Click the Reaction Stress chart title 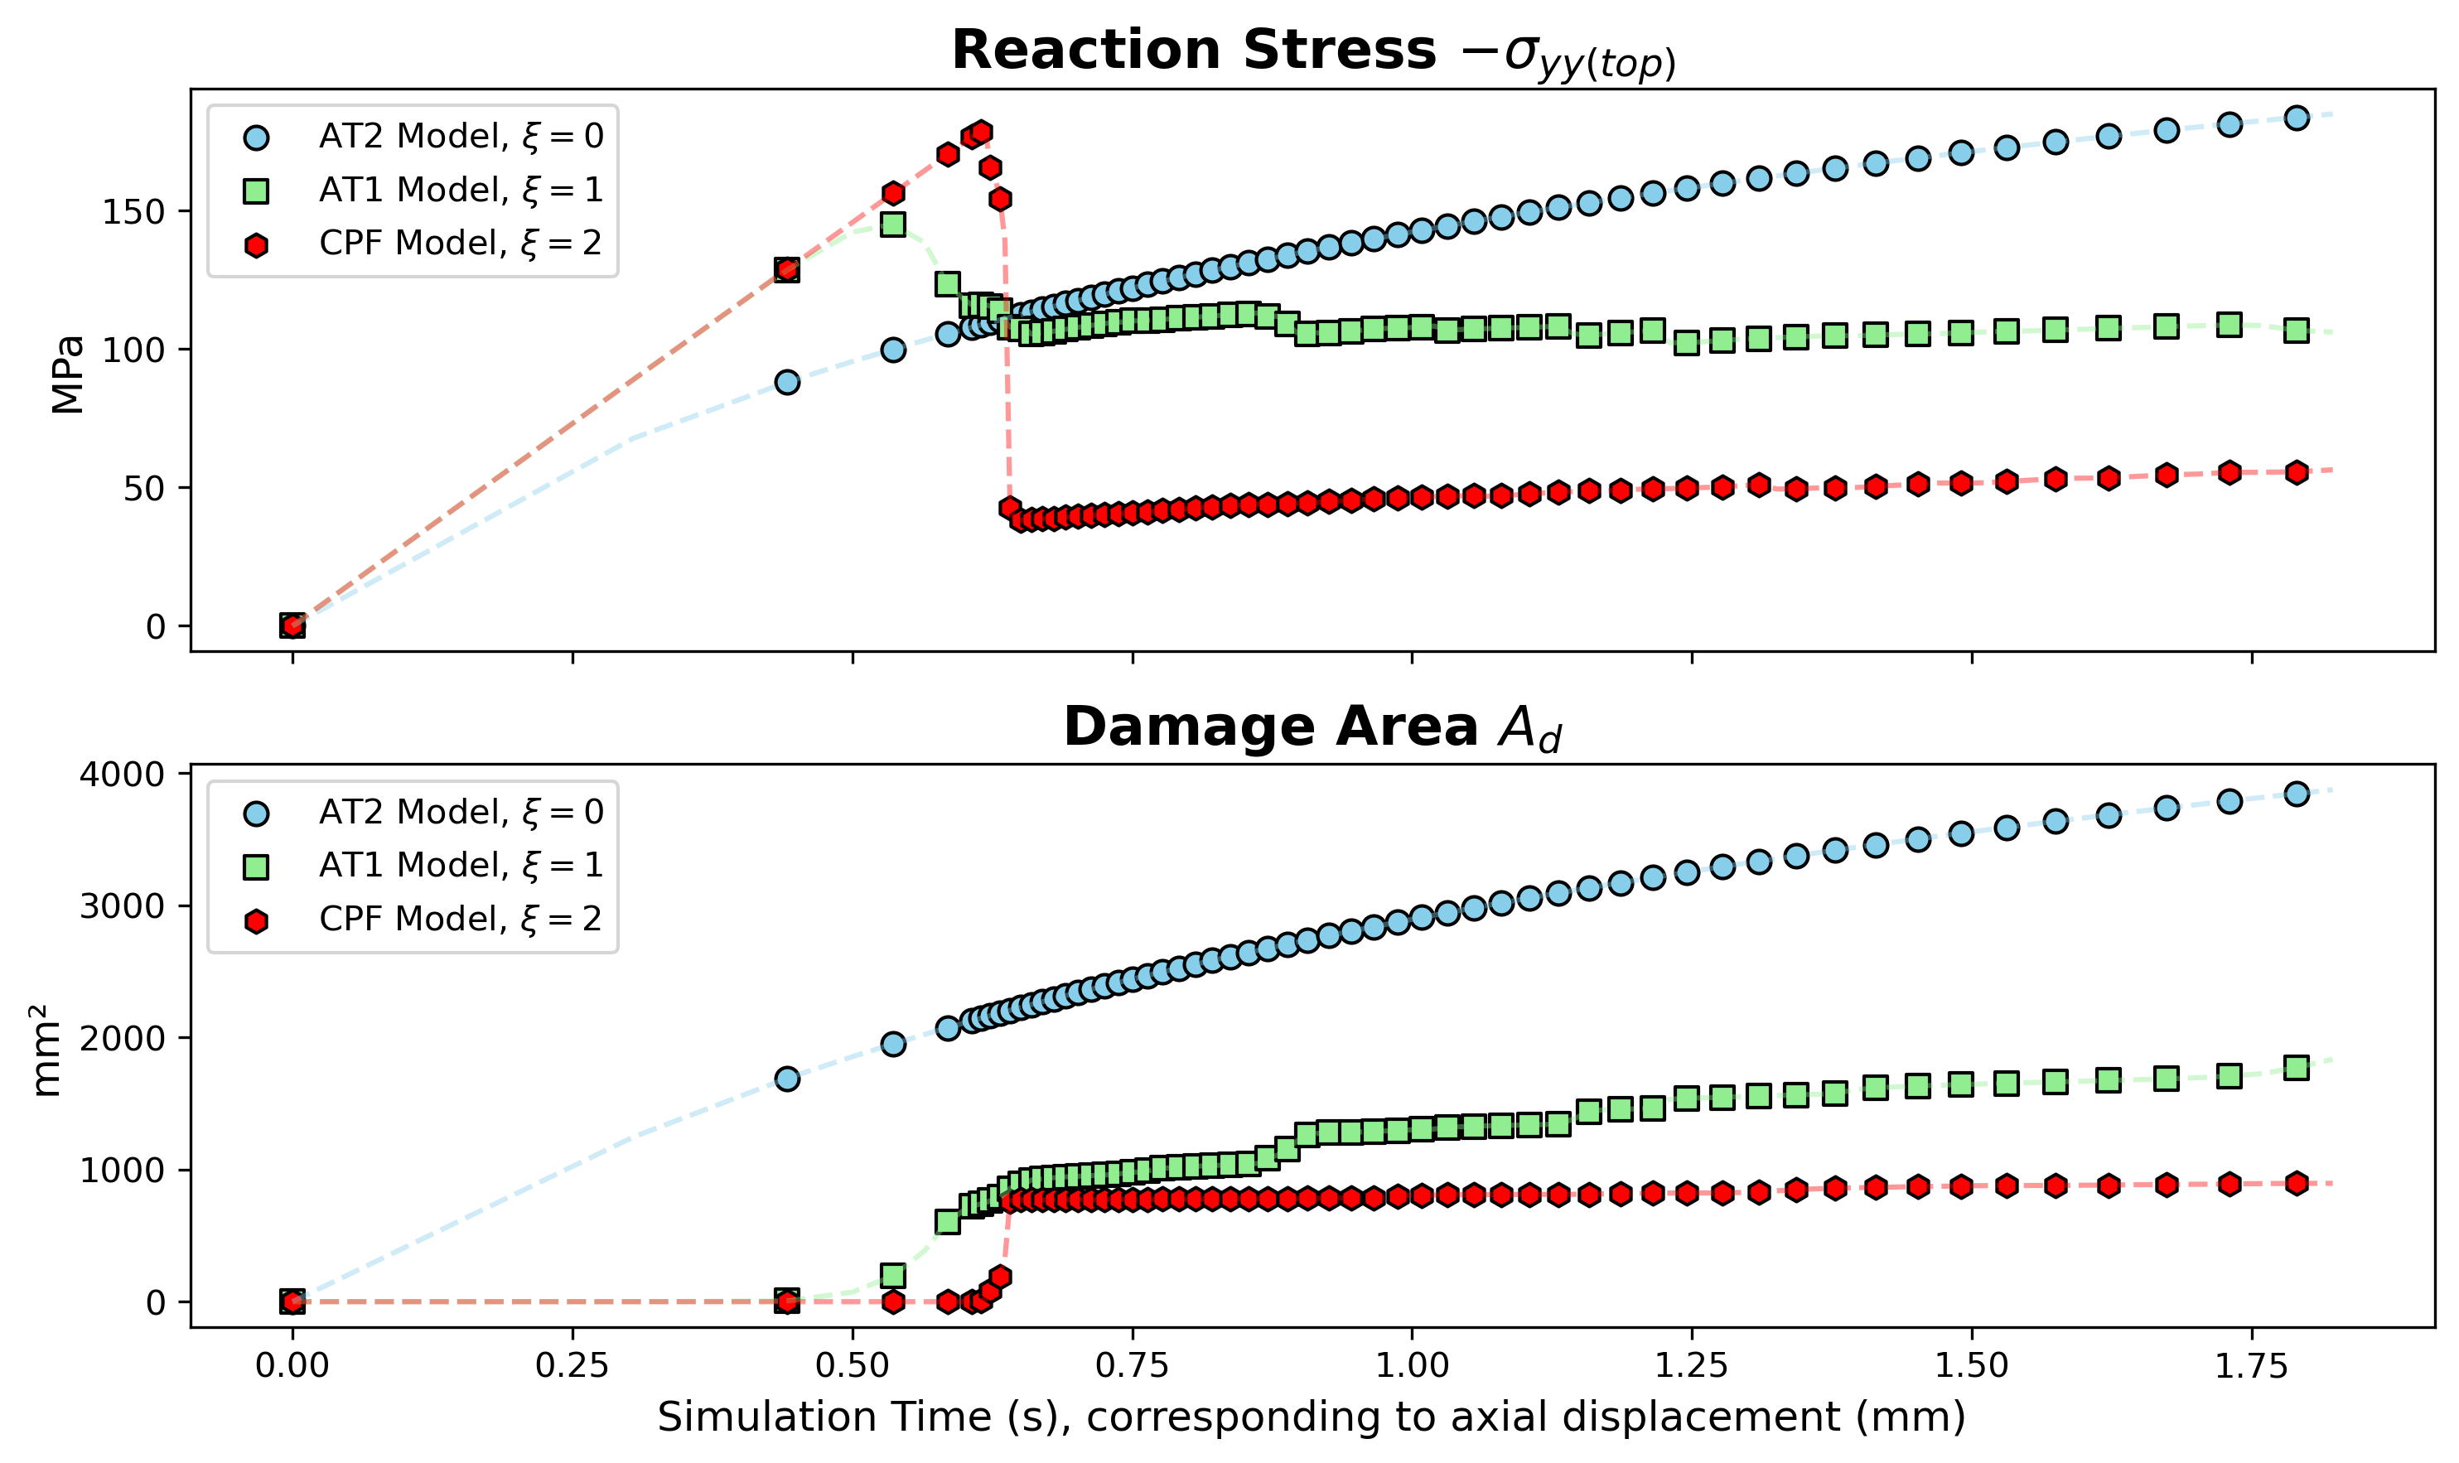pyautogui.click(x=1312, y=51)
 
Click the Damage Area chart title pyautogui.click(x=1312, y=727)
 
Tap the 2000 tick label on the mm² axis pyautogui.click(x=123, y=1038)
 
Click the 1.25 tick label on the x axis pyautogui.click(x=1692, y=1366)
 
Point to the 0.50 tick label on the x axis pyautogui.click(x=852, y=1366)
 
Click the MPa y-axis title pyautogui.click(x=68, y=374)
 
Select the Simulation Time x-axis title pyautogui.click(x=1312, y=1417)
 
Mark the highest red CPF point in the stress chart pyautogui.click(x=980, y=132)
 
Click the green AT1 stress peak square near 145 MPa pyautogui.click(x=893, y=225)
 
